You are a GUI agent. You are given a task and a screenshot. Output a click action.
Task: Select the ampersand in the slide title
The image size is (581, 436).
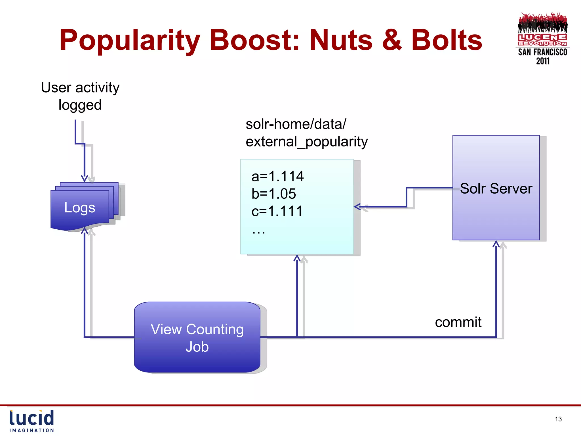392,41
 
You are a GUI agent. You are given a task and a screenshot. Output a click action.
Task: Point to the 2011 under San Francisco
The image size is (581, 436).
542,61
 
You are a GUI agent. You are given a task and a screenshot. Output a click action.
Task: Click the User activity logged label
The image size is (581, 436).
80,96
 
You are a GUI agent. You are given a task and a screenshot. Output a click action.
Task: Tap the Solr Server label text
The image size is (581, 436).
496,188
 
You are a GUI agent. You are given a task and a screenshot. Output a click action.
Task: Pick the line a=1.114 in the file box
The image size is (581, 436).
277,176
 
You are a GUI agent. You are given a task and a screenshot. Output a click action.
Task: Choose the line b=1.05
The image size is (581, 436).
273,194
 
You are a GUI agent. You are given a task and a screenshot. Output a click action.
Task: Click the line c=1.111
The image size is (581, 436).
277,211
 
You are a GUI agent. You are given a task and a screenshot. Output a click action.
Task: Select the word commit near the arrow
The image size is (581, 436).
458,322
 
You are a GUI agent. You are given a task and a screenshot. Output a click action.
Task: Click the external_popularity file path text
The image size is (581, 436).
306,142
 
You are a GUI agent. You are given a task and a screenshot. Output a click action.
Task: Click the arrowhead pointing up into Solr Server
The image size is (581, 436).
496,244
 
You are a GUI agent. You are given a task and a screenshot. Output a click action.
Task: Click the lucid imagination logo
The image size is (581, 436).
31,421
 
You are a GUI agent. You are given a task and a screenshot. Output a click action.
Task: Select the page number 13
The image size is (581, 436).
558,419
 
